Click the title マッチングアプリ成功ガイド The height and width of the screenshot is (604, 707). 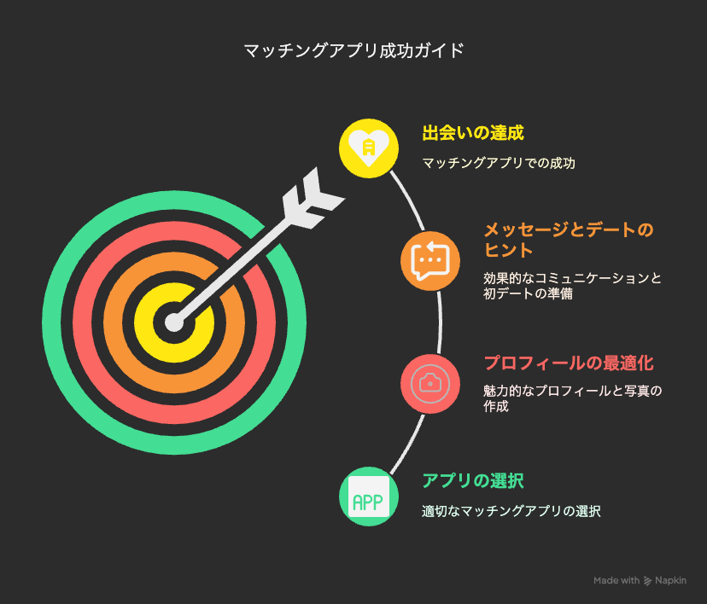point(354,50)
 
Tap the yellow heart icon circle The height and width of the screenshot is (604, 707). point(369,148)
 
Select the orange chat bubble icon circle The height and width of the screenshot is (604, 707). point(430,261)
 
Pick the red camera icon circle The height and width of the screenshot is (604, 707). point(430,384)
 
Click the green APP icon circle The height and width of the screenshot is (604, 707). point(369,497)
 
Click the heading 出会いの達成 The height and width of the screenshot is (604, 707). point(473,133)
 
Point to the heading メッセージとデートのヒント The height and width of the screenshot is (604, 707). point(569,240)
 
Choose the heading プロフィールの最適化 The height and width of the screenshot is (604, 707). point(569,363)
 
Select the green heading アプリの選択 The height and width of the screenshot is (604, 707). point(473,481)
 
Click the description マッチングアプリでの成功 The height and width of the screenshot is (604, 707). point(499,163)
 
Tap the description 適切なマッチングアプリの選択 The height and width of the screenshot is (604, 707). point(511,511)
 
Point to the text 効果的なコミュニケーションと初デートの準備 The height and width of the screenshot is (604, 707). point(573,286)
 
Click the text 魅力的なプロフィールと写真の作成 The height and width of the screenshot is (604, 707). point(573,398)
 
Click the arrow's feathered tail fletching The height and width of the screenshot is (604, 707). point(312,199)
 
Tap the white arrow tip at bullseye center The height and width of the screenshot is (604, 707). point(174,322)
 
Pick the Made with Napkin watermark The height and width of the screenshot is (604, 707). point(640,581)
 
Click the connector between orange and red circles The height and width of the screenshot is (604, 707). point(440,322)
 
